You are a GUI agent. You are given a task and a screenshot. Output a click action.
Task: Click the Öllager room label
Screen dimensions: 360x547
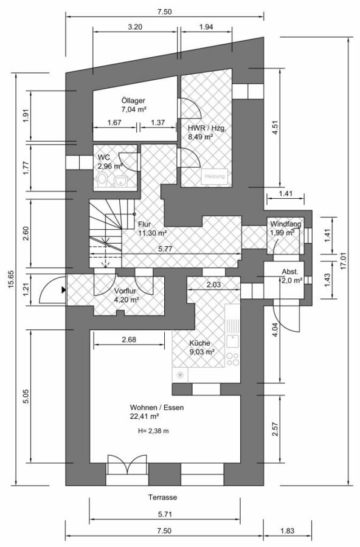(x=133, y=101)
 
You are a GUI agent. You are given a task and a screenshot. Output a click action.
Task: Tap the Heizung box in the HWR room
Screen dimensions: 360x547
(x=215, y=176)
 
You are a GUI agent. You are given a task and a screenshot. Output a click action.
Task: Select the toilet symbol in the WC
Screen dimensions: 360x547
(x=103, y=180)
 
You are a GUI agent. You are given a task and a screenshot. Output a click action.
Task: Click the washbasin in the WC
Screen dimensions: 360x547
(x=121, y=181)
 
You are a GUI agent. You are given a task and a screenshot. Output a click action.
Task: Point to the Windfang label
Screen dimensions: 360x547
(x=286, y=224)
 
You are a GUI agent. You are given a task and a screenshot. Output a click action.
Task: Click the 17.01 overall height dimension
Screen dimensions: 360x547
(x=344, y=261)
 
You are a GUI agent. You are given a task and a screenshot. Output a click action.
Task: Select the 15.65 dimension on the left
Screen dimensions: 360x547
(x=11, y=279)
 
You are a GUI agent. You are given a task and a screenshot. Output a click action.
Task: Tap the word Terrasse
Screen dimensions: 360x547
(x=163, y=497)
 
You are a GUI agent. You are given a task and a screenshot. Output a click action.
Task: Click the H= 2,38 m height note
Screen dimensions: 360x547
(x=153, y=431)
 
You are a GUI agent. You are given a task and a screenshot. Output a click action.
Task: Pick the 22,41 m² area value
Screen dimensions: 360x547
(x=145, y=416)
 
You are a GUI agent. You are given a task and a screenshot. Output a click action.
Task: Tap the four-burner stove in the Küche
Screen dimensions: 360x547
(x=232, y=359)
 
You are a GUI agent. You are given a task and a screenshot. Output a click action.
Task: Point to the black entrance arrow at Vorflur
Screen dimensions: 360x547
(x=63, y=290)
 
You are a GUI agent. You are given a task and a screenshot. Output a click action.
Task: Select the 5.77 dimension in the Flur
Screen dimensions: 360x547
(x=165, y=249)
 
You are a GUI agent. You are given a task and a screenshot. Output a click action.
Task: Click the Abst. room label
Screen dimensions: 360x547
(x=290, y=272)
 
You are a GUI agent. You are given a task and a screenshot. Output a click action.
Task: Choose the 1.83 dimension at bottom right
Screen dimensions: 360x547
(x=288, y=531)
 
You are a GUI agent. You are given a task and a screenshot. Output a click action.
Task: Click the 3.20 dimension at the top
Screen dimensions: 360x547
(x=135, y=27)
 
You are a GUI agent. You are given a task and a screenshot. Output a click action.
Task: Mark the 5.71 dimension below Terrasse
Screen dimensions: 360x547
(x=165, y=514)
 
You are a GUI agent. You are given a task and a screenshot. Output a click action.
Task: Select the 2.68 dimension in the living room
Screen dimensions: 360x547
(x=129, y=339)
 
